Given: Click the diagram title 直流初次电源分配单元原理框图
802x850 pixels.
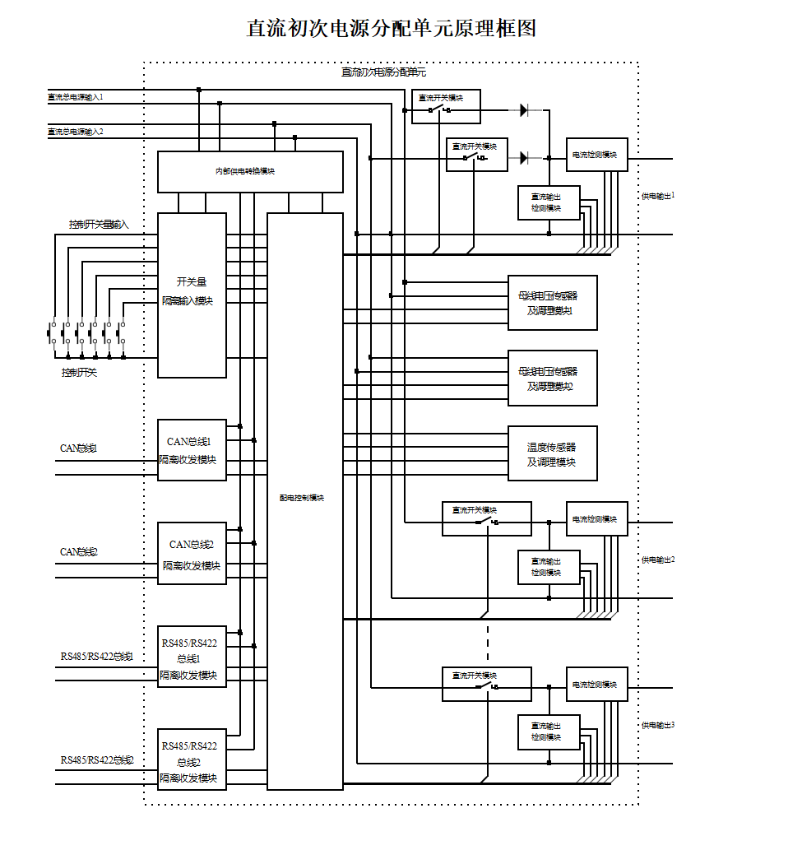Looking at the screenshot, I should click(392, 29).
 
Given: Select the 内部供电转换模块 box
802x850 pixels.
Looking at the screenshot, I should click(250, 171).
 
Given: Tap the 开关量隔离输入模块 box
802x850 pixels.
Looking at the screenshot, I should click(192, 295).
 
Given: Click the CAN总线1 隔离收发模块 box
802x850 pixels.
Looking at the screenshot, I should click(192, 450).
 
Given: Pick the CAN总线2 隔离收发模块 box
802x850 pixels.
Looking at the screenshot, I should click(192, 553).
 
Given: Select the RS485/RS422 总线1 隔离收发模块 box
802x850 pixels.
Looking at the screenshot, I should click(192, 657).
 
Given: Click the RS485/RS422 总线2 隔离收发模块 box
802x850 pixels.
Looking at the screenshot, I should click(192, 759).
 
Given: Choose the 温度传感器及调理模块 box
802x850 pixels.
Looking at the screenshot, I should click(552, 453).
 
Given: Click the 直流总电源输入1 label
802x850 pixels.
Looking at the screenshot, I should click(86, 97).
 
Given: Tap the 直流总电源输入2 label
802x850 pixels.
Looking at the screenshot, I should click(86, 132).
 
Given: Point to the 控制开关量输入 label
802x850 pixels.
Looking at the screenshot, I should click(99, 224).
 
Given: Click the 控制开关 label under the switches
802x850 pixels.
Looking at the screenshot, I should click(79, 373).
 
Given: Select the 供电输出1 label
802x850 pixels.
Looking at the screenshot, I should click(658, 196).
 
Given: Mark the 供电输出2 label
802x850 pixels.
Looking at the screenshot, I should click(658, 560).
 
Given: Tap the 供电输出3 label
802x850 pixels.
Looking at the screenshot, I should click(658, 725).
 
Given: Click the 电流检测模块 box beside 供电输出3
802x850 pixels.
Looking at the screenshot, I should click(596, 684).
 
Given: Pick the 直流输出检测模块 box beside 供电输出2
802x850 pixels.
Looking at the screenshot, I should click(549, 567).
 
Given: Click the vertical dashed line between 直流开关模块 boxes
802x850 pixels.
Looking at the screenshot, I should click(488, 642).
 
